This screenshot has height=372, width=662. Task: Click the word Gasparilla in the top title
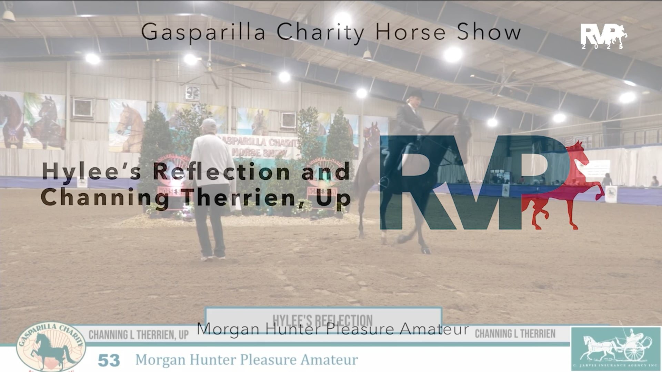point(203,33)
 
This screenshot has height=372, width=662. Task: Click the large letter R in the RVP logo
point(410,183)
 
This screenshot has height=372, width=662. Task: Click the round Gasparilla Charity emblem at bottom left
point(51,348)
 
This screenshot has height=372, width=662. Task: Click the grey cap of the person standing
point(209,123)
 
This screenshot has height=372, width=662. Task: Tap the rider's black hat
point(415,94)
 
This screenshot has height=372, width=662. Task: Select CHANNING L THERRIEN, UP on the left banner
point(138,335)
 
